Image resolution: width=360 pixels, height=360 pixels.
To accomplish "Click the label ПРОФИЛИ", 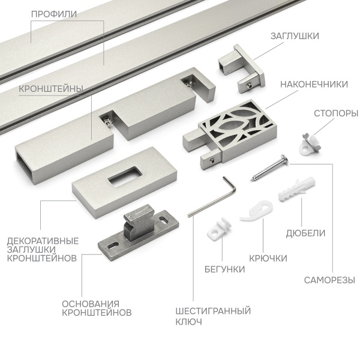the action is pos(54,14).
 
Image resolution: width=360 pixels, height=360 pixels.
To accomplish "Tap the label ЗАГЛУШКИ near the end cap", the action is pos(295,36).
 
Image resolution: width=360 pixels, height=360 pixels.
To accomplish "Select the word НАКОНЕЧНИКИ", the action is pos(314,84).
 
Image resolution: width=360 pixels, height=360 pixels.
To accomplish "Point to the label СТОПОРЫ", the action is pos(336,113).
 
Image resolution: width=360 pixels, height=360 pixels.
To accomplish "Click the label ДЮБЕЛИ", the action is pos(305,233).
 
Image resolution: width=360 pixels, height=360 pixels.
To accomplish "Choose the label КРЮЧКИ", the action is pos(268,258).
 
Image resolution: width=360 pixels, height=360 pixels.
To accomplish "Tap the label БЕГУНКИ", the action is pos(224,269).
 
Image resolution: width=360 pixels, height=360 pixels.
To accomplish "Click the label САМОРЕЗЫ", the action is pos(329,280).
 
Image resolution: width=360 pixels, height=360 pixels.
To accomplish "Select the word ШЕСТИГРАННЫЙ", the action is pos(213,311).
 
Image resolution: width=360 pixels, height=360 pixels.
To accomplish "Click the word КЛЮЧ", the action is pos(189,322).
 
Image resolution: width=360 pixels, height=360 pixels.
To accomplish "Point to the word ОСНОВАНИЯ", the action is pos(91,304).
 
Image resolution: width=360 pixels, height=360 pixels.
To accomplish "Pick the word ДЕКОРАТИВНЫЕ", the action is pos(43,241).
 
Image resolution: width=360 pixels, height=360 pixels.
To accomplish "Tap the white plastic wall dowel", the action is pos(297,189).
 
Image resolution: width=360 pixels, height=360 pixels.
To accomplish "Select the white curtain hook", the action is pos(256,211).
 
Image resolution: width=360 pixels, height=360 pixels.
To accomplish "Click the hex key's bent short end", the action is pos(231,185).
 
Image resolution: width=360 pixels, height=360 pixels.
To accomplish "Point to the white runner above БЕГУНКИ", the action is pos(218,228).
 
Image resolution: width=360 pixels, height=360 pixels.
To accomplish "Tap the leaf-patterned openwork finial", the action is pos(230,134).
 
